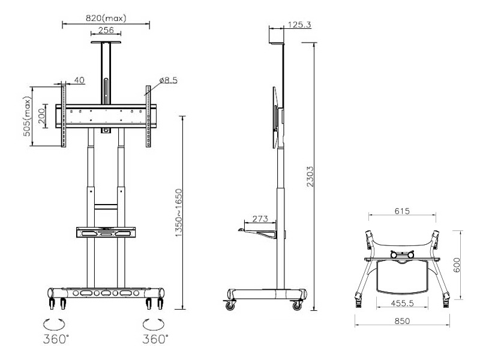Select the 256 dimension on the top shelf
coord(106,31)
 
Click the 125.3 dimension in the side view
coord(298,25)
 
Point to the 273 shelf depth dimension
coord(260,219)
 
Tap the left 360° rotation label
coord(54,338)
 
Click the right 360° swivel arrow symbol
coord(152,323)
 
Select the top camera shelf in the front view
coord(106,43)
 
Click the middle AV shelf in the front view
coord(106,232)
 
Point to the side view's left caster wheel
coord(230,305)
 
